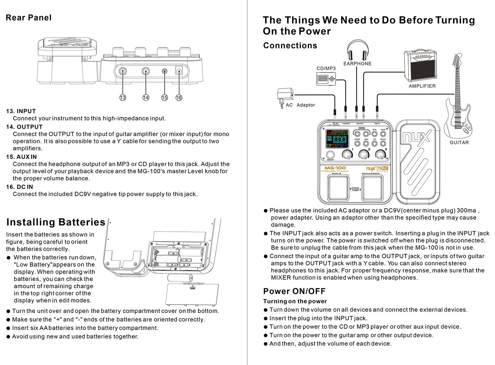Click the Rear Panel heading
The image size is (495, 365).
tap(29, 18)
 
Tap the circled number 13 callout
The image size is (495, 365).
tap(123, 98)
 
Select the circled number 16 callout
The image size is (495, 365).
tap(179, 98)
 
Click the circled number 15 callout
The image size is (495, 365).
tap(164, 98)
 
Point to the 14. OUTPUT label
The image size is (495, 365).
tap(24, 127)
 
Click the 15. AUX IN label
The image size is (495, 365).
tap(21, 157)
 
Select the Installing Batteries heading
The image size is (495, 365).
tap(56, 222)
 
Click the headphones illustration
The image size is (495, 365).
tap(357, 50)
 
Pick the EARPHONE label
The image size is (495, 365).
tap(357, 64)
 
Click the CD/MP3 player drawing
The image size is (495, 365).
tap(326, 79)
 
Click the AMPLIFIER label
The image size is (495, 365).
tap(422, 86)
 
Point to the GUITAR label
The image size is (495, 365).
tap(459, 142)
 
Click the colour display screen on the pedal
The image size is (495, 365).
tap(338, 139)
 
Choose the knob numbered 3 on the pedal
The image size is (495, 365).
tap(381, 154)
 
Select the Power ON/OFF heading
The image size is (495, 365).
tap(294, 291)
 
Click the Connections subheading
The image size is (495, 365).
tap(290, 46)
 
